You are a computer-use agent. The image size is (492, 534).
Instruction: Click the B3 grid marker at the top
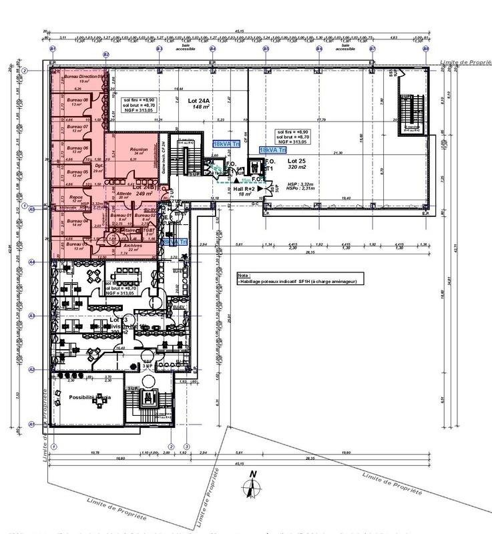159,49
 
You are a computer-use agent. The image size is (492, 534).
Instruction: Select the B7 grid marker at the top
373,49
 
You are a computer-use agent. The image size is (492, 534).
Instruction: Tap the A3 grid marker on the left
31,314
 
